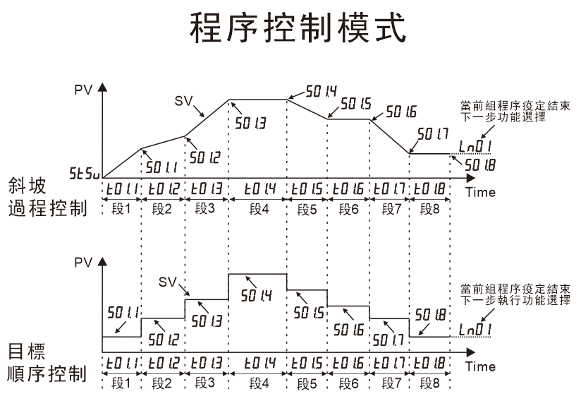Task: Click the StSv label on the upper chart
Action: [x=85, y=173]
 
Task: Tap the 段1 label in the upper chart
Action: [x=122, y=209]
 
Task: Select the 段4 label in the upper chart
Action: [x=258, y=209]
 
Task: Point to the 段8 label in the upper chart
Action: [x=430, y=209]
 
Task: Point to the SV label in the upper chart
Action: [x=184, y=100]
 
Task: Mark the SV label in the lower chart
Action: [x=167, y=282]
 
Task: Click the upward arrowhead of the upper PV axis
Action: [x=103, y=88]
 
